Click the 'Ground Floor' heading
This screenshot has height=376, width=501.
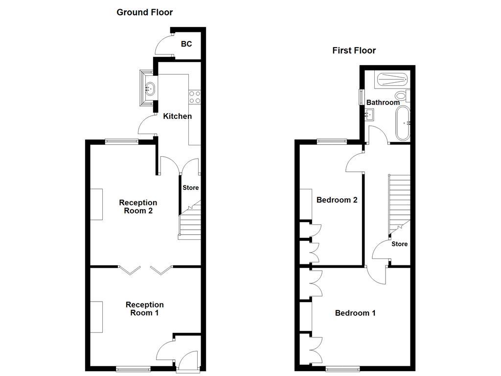tap(144, 12)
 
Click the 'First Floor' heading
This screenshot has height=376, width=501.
tap(354, 50)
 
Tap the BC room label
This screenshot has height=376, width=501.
tap(186, 44)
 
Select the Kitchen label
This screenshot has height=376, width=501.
tap(177, 116)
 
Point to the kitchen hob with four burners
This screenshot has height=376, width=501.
tap(195, 97)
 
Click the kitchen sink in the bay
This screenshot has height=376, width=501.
tap(149, 89)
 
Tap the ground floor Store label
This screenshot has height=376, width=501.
tap(191, 188)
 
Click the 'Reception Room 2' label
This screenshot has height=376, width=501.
tap(138, 207)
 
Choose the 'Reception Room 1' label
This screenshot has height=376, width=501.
tap(144, 308)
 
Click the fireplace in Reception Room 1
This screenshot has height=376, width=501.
tap(96, 317)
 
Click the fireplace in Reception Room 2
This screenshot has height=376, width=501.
tap(96, 204)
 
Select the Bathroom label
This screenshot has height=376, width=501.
tap(383, 102)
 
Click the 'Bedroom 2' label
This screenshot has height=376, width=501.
tap(337, 200)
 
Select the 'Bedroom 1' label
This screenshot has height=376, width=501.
tap(355, 313)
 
